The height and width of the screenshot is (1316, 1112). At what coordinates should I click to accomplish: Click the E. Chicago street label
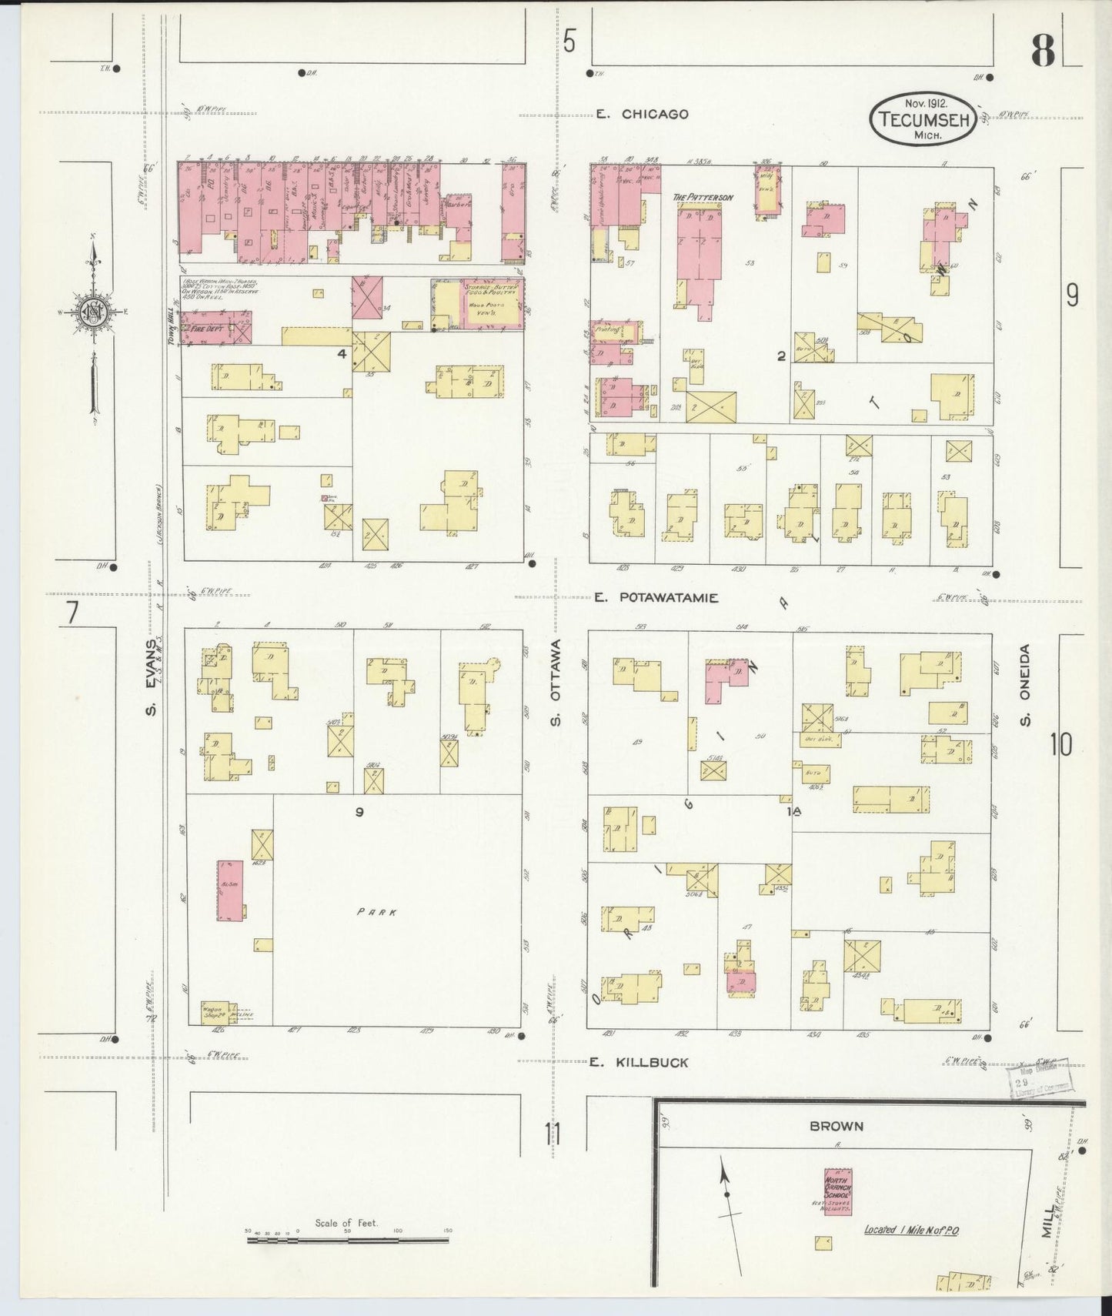tap(642, 114)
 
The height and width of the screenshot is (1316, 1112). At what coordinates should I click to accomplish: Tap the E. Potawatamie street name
tap(657, 597)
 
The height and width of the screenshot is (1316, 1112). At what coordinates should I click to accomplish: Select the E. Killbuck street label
tap(639, 1062)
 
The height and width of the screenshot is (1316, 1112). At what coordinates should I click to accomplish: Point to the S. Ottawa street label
tap(556, 681)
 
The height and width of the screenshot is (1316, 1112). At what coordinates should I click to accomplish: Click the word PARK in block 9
tap(376, 912)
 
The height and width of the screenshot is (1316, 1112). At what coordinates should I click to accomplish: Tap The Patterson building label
tap(703, 197)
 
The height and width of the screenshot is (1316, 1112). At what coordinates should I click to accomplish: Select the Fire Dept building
tap(216, 327)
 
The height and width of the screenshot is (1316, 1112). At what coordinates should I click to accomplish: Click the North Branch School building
tap(837, 1191)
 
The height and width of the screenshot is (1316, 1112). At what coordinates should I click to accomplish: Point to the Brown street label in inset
tap(836, 1126)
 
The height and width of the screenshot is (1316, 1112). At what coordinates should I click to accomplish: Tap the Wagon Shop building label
tap(212, 1011)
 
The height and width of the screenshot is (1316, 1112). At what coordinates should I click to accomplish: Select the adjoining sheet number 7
tap(72, 613)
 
